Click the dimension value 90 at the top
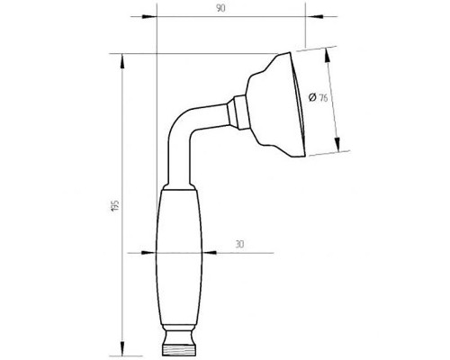click(x=220, y=9)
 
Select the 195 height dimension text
click(x=115, y=206)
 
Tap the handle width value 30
click(x=239, y=244)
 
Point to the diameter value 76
click(x=323, y=98)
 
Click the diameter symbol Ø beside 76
click(x=312, y=97)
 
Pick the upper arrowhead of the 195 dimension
click(x=122, y=62)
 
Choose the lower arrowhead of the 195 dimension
click(x=122, y=348)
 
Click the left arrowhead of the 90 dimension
click(x=149, y=16)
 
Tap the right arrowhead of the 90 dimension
click(x=313, y=16)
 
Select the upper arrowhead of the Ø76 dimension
click(x=328, y=56)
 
